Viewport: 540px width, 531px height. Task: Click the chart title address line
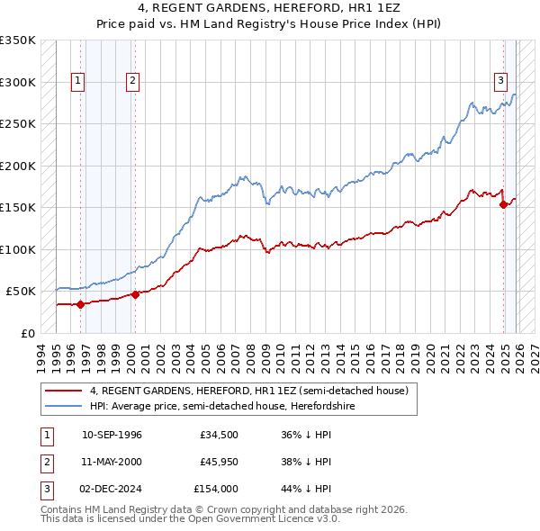click(270, 8)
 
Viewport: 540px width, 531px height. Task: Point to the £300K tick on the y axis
click(18, 82)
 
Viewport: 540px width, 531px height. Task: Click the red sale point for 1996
click(80, 304)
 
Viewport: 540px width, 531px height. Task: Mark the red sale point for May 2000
click(135, 294)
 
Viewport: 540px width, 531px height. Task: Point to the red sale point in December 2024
click(503, 204)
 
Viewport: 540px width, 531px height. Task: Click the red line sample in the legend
click(64, 391)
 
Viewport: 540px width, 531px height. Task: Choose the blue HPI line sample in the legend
click(64, 406)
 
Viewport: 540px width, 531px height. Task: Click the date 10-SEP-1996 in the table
click(112, 435)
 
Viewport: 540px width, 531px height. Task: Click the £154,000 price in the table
click(215, 490)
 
